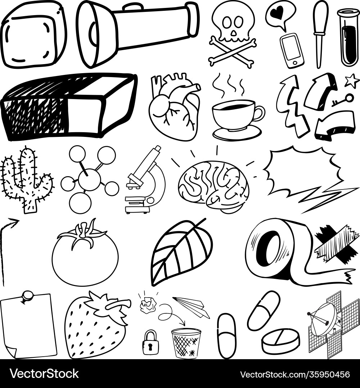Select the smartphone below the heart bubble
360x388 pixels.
pyautogui.click(x=292, y=50)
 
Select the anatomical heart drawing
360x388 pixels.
pyautogui.click(x=175, y=108)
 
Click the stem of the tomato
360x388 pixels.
pyautogui.click(x=84, y=231)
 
